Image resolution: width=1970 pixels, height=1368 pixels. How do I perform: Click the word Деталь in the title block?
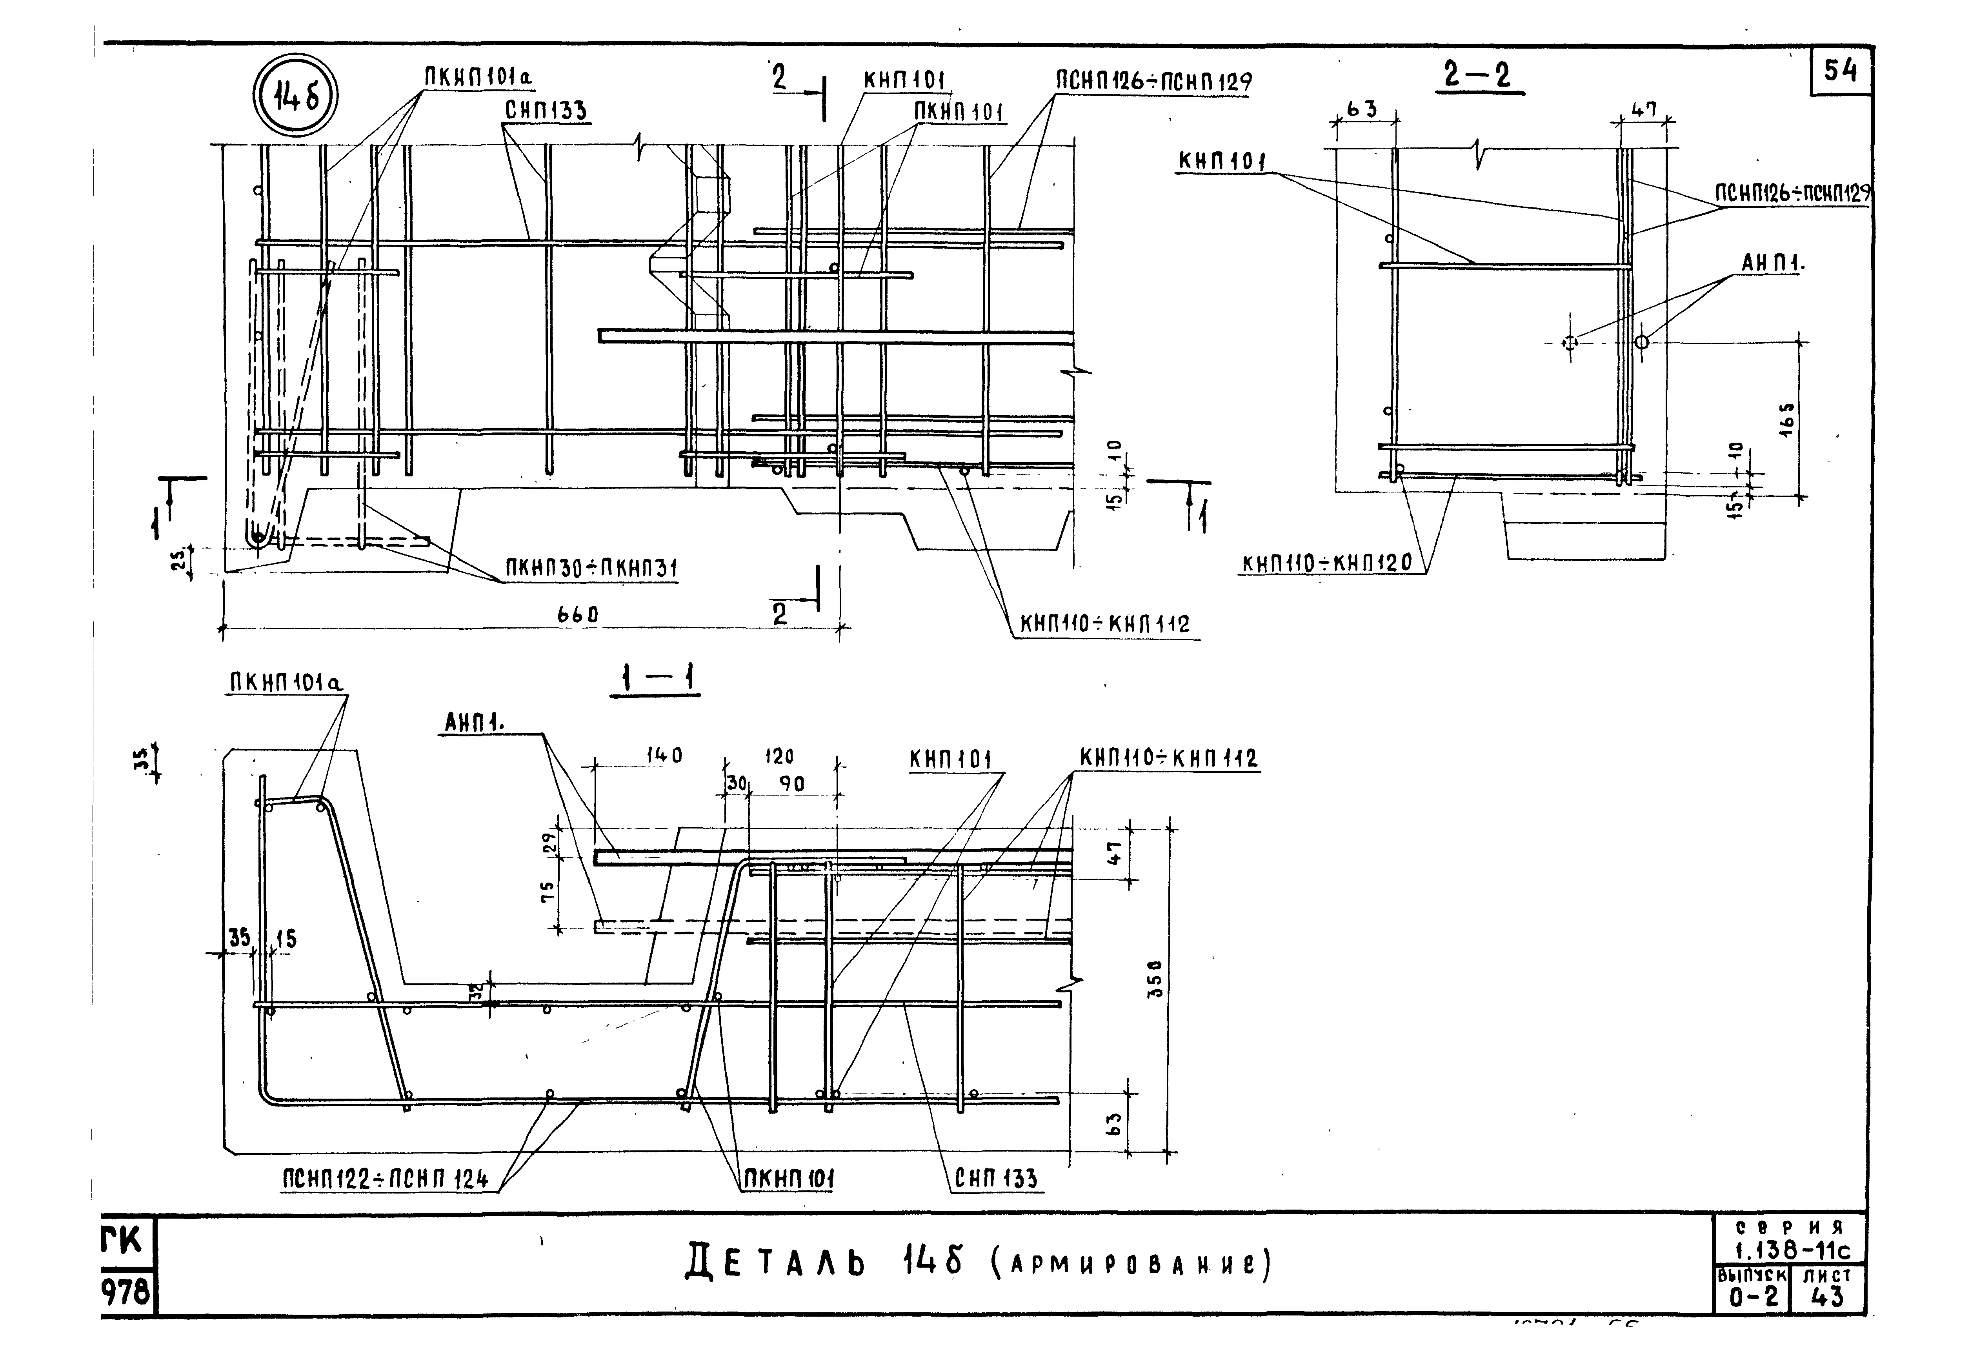pyautogui.click(x=776, y=1263)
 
